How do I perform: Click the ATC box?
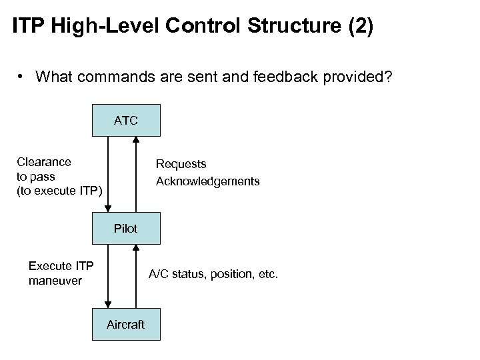tap(125, 121)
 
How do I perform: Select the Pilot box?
tap(125, 229)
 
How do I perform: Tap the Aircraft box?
tap(125, 325)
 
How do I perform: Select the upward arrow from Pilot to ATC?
tap(136, 175)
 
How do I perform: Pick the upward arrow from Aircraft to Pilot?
tap(136, 277)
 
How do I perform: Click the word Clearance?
tap(44, 161)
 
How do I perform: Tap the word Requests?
tap(181, 164)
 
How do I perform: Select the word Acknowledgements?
tap(207, 181)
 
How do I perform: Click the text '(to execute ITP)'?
tap(59, 192)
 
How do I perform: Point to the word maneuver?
tap(55, 281)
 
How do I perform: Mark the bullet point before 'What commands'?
tap(22, 76)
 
